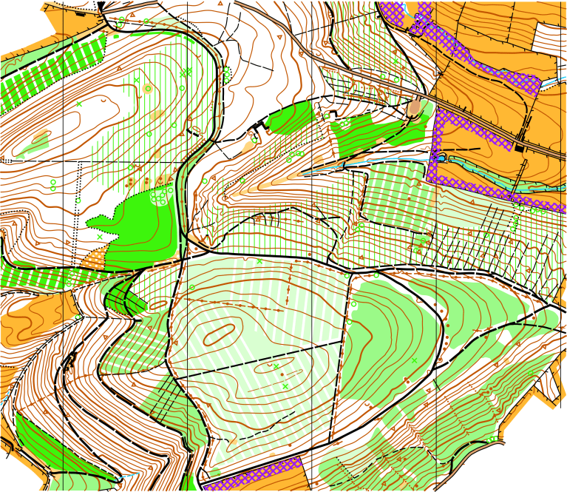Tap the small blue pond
point(441,158)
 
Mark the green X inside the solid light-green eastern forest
point(414,360)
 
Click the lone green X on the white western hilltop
point(78,104)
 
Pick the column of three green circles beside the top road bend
point(226,74)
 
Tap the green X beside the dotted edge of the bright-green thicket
point(100,237)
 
